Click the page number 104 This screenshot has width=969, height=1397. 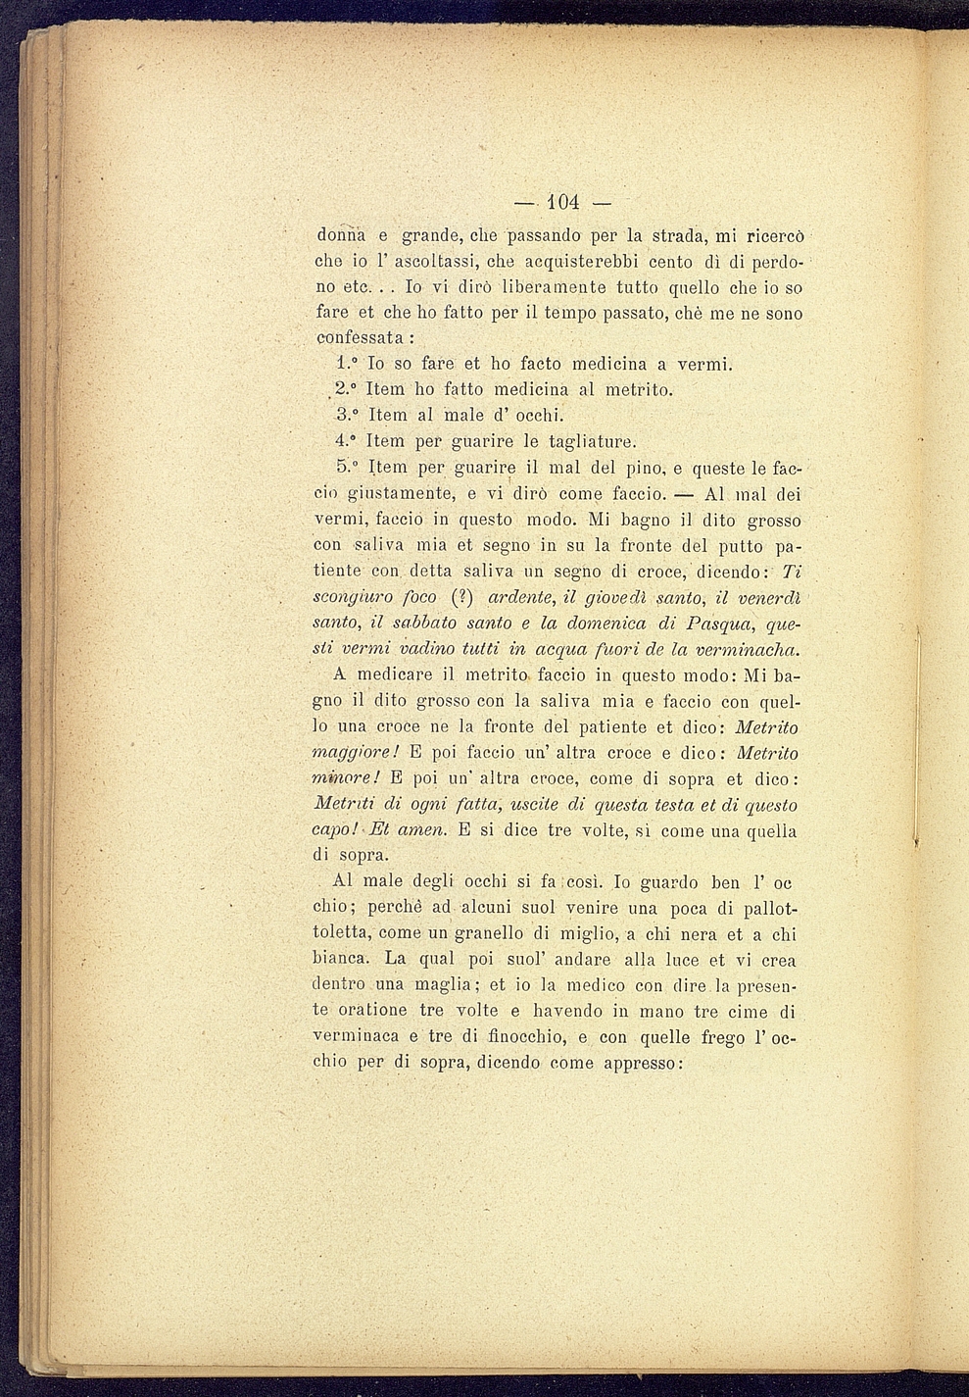click(561, 203)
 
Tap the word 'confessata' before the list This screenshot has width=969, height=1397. click(361, 337)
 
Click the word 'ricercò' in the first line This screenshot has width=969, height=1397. click(774, 236)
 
